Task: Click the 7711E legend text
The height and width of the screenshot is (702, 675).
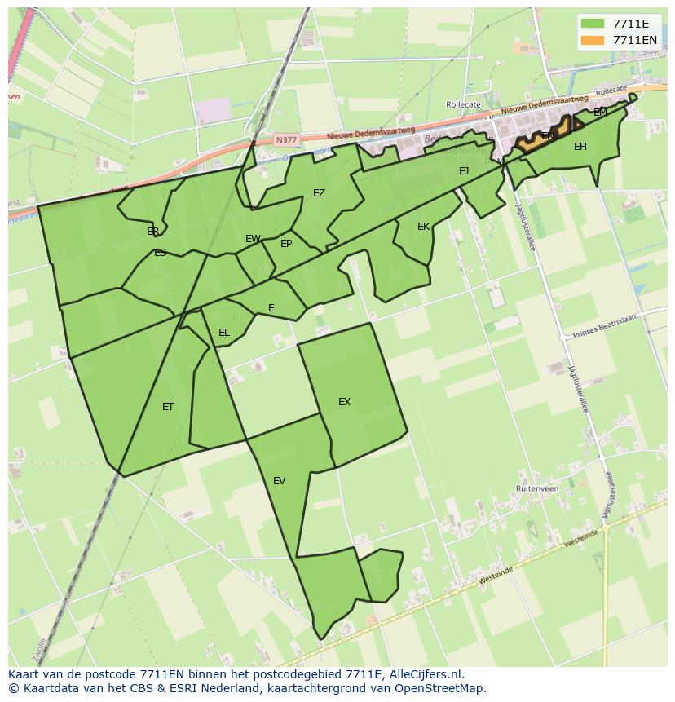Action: pyautogui.click(x=630, y=24)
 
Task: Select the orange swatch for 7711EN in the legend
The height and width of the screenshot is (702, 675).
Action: pyautogui.click(x=593, y=40)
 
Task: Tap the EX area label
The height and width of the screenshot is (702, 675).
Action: pyautogui.click(x=344, y=402)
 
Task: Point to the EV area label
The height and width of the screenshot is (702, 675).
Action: pyautogui.click(x=279, y=481)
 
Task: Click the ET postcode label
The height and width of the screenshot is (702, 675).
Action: pyautogui.click(x=168, y=407)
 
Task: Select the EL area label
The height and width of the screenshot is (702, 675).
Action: pyautogui.click(x=223, y=333)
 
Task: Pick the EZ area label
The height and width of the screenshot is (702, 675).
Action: pyautogui.click(x=319, y=193)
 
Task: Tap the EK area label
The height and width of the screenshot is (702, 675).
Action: pyautogui.click(x=423, y=227)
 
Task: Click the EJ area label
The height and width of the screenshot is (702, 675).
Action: pyautogui.click(x=464, y=171)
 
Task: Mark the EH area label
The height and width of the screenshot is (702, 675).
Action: pyautogui.click(x=580, y=147)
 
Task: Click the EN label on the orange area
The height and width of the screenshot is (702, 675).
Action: pyautogui.click(x=548, y=136)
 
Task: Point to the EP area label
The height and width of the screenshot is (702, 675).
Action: pyautogui.click(x=286, y=244)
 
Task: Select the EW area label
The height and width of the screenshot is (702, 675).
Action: pyautogui.click(x=253, y=239)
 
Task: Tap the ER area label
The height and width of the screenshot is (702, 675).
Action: pyautogui.click(x=152, y=232)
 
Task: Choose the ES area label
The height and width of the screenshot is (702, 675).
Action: pyautogui.click(x=160, y=253)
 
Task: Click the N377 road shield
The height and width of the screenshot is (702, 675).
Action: pyautogui.click(x=286, y=140)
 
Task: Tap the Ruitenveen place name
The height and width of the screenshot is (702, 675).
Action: pyautogui.click(x=536, y=488)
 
